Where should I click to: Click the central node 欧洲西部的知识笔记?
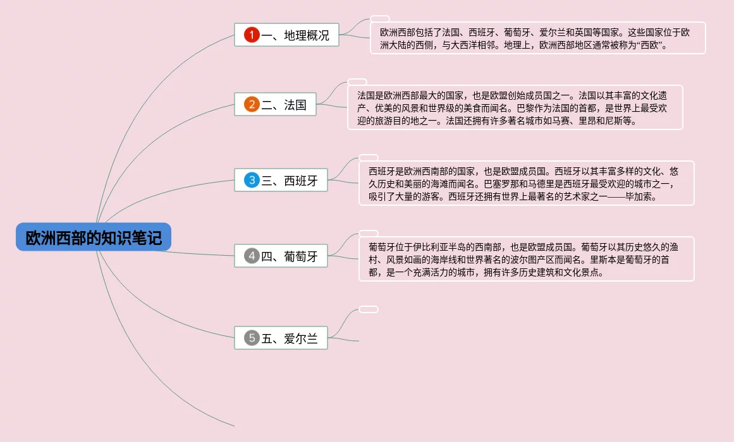pos(94,237)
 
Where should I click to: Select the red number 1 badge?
pos(252,35)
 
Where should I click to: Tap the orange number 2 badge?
pos(252,105)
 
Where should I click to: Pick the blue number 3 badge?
pos(252,181)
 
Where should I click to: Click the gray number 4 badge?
pos(252,256)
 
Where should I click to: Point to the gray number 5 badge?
pos(252,338)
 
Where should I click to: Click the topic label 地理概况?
pos(307,35)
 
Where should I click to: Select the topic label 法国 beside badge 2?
pos(295,105)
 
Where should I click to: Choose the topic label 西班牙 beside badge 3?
pos(301,181)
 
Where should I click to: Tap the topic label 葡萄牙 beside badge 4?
pos(301,256)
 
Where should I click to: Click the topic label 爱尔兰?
pos(301,338)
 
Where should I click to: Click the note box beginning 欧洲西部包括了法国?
pos(537,38)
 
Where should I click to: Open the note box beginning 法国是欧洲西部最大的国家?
pos(515,107)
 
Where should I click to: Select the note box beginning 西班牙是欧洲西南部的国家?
pos(526,183)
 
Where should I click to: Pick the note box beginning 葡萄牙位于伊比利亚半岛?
pos(526,259)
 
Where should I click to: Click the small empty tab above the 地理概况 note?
pos(379,19)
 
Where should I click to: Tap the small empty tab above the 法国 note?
pos(357,82)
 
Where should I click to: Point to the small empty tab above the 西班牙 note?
pos(369,157)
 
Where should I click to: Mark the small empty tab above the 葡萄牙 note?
pos(369,234)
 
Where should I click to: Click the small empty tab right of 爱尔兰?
pos(369,309)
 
